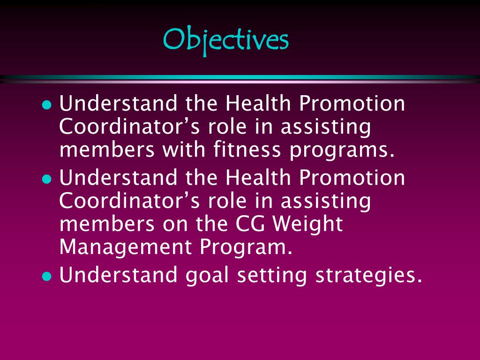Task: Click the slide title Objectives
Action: pos(225,40)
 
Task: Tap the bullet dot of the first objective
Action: pos(46,105)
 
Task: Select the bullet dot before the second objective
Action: pos(46,179)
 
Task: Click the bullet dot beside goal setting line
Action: pos(46,276)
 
